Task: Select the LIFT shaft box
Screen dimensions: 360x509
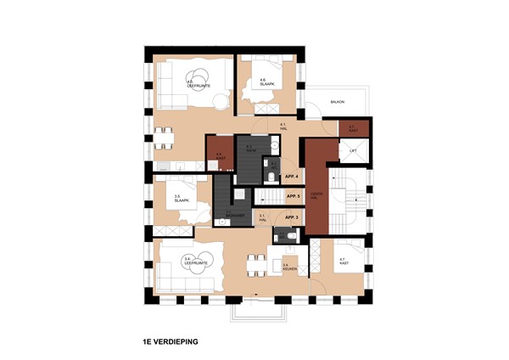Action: (x=354, y=151)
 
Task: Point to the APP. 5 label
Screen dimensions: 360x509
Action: (x=294, y=197)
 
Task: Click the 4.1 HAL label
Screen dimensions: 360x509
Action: (x=282, y=127)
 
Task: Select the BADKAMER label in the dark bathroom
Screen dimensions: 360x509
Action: (x=233, y=215)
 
